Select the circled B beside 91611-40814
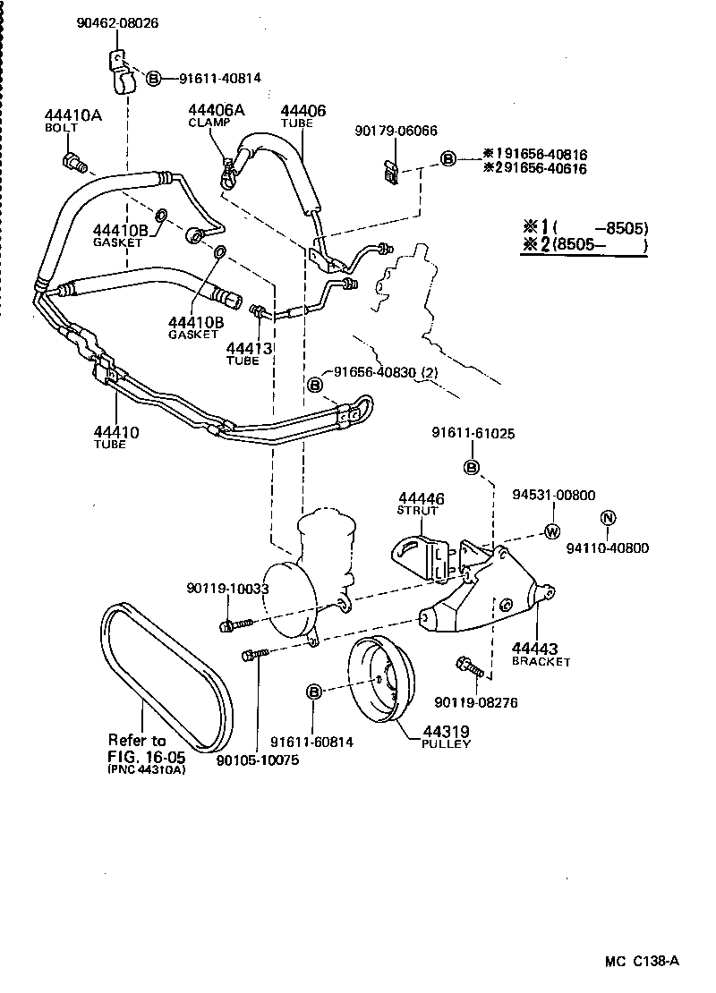pos(153,79)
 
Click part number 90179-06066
pos(396,131)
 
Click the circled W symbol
pos(552,530)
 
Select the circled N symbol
pos(608,518)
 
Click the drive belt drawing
pos(166,671)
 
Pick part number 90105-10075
pos(258,760)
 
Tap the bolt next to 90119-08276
pos(470,666)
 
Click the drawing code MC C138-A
pos(642,962)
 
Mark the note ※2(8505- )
pos(583,247)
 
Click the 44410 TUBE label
pos(115,437)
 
